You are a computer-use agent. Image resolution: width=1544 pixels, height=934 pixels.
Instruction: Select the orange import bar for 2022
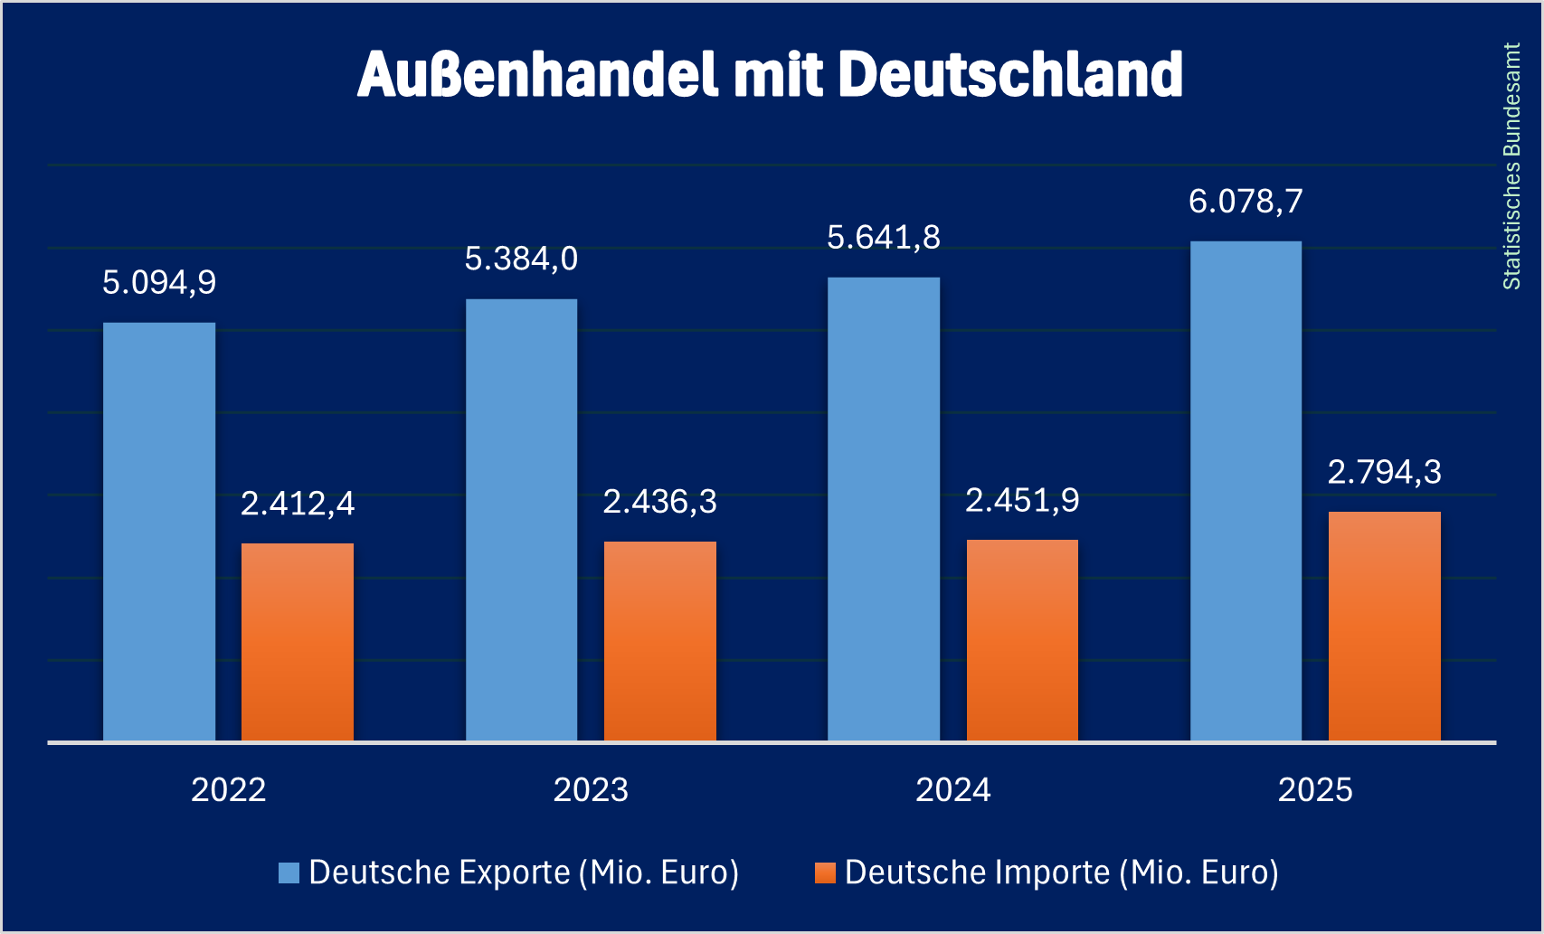click(x=298, y=642)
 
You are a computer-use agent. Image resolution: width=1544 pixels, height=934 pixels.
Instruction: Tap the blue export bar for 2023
click(x=521, y=520)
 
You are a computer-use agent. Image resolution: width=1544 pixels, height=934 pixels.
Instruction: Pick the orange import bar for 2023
click(x=660, y=641)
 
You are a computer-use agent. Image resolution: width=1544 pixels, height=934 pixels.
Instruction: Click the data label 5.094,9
click(x=159, y=283)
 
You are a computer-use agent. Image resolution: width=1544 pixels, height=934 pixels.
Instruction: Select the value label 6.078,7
click(x=1246, y=202)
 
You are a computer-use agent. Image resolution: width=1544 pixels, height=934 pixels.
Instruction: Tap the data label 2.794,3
click(x=1384, y=472)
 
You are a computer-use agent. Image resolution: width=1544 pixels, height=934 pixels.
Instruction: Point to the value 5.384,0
click(x=521, y=259)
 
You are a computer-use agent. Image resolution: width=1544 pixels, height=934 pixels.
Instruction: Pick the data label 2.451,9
click(x=1022, y=500)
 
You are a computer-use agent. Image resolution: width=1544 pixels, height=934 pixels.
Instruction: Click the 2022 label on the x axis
click(x=229, y=790)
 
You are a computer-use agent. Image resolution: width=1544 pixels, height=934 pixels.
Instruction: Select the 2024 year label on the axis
click(x=953, y=790)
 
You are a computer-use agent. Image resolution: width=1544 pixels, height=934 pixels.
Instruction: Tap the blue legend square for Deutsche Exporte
click(x=289, y=873)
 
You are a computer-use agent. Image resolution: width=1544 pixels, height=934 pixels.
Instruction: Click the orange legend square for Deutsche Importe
click(x=824, y=873)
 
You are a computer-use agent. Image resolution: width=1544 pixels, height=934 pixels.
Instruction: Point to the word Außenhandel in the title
click(x=537, y=74)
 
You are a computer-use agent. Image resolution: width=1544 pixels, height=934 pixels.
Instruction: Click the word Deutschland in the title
click(x=1010, y=74)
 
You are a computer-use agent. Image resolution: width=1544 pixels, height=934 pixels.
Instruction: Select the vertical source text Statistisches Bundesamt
click(x=1511, y=166)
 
